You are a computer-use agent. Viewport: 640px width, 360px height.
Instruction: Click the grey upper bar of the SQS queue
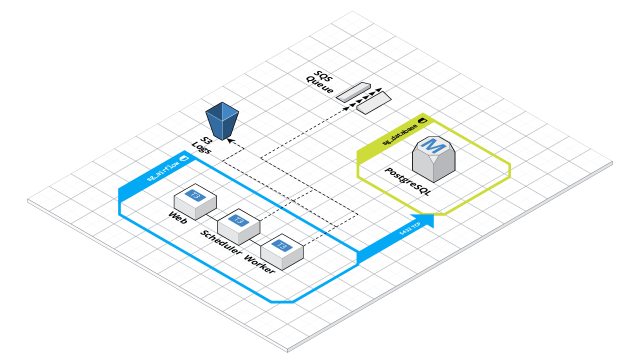[353, 92]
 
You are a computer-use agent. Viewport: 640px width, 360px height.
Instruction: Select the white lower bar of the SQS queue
[374, 102]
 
